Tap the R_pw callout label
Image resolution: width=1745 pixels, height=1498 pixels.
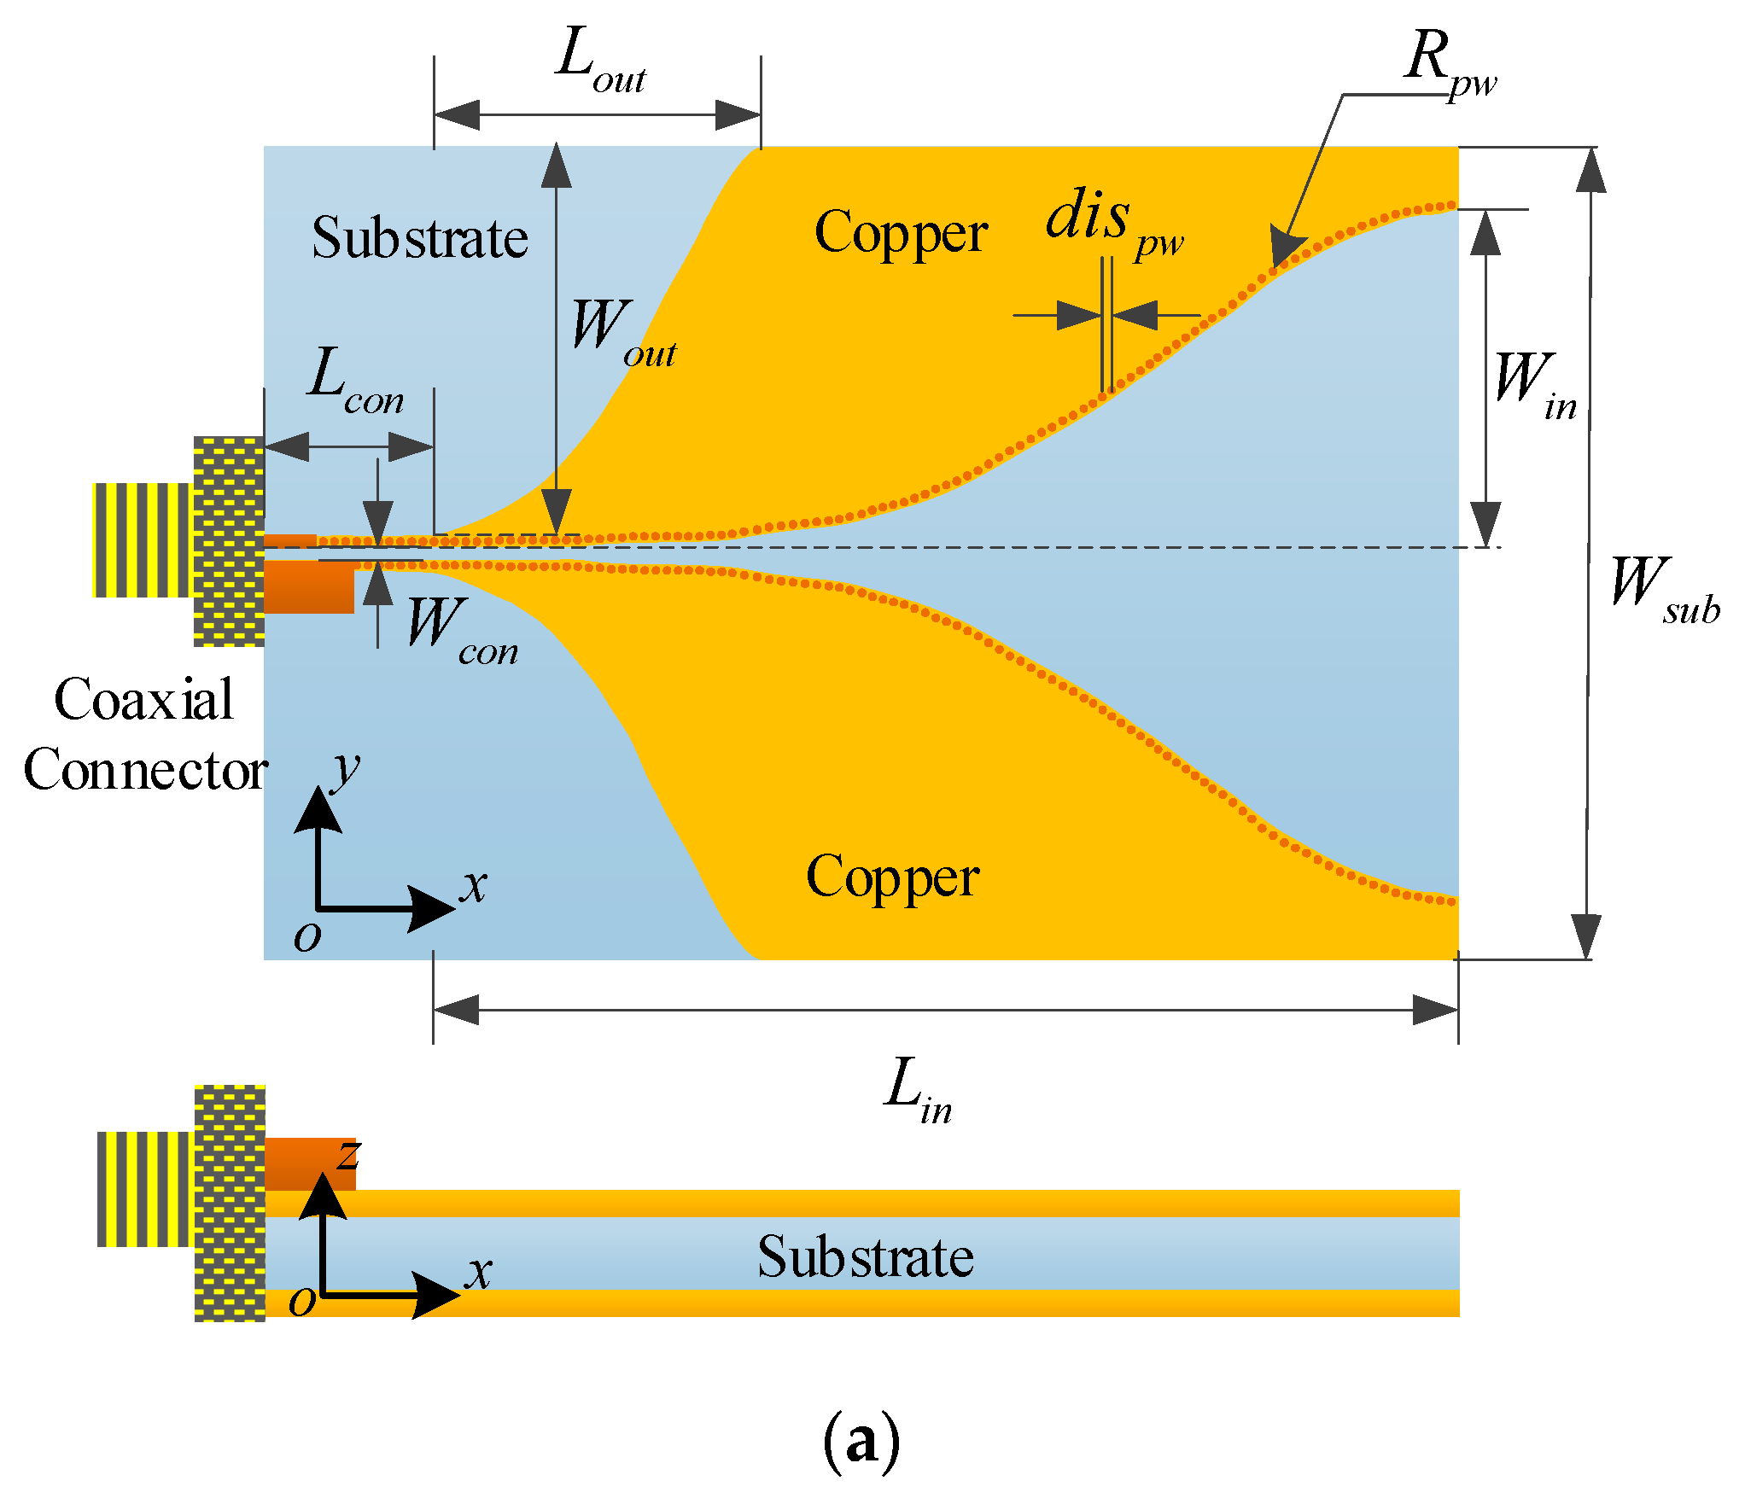pyautogui.click(x=1449, y=64)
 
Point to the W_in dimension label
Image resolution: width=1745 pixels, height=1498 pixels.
pyautogui.click(x=1534, y=384)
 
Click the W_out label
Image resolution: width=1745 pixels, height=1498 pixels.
pyautogui.click(x=622, y=333)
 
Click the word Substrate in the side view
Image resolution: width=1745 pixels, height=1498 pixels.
pyautogui.click(x=865, y=1257)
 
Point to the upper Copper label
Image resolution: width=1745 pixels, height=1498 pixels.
pyautogui.click(x=901, y=233)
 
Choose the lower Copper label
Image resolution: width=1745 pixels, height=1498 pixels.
pyautogui.click(x=892, y=877)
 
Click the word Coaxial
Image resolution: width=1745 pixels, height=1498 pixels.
pyautogui.click(x=143, y=700)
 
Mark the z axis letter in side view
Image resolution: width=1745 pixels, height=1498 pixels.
pyautogui.click(x=348, y=1157)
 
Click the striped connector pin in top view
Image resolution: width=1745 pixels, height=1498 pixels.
pyautogui.click(x=141, y=539)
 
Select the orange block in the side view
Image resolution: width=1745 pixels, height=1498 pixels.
pyautogui.click(x=309, y=1163)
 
